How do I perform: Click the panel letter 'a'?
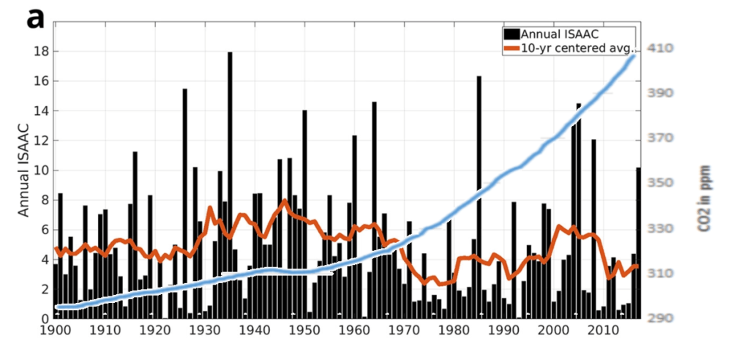coord(36,18)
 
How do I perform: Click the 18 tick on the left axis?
coord(40,52)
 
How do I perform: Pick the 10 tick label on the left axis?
coord(40,170)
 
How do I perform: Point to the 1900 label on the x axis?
coord(56,331)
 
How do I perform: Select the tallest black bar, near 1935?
coord(230,183)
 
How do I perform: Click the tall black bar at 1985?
coord(479,198)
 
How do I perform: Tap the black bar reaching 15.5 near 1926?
coord(185,205)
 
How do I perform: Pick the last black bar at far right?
coord(638,241)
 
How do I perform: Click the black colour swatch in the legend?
coord(511,34)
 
